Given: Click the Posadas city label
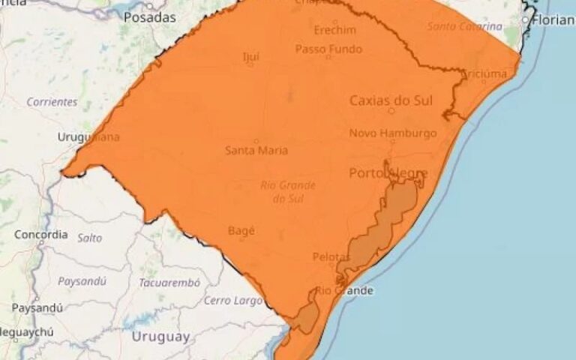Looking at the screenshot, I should [x=149, y=17].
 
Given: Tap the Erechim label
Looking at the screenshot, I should [x=334, y=31].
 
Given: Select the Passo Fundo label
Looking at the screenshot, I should [x=328, y=49].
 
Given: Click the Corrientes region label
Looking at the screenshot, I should [x=52, y=101].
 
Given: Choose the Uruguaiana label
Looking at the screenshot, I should [x=88, y=136].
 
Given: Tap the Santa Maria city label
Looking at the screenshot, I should [x=256, y=151].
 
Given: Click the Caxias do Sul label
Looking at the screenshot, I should [x=391, y=100].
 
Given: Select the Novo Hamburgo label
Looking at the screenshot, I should [x=393, y=133].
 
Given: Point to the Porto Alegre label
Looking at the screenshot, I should [x=388, y=173].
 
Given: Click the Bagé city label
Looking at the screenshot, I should [x=240, y=231].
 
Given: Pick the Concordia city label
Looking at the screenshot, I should [x=40, y=235].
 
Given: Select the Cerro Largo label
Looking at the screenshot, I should [x=234, y=301].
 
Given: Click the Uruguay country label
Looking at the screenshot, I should [x=160, y=337].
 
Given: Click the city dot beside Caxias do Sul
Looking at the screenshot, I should [x=391, y=111].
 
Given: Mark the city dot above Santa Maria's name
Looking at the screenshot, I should [x=256, y=140].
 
